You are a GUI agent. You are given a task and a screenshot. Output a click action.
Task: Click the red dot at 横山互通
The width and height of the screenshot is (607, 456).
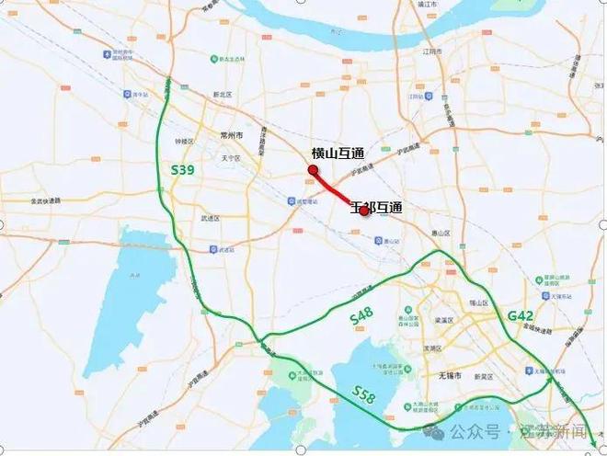click(313, 170)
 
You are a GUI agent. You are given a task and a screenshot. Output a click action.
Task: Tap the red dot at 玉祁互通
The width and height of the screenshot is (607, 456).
click(364, 211)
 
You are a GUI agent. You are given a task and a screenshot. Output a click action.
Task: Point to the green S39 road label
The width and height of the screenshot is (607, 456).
click(183, 171)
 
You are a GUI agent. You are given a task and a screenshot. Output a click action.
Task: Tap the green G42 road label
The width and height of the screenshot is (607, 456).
click(521, 315)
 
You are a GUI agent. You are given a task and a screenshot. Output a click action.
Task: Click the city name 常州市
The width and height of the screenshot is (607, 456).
click(231, 135)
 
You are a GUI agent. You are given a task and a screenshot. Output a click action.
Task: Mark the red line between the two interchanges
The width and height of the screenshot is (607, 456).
click(338, 190)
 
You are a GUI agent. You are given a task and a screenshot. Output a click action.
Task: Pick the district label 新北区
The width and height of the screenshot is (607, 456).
click(220, 95)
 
